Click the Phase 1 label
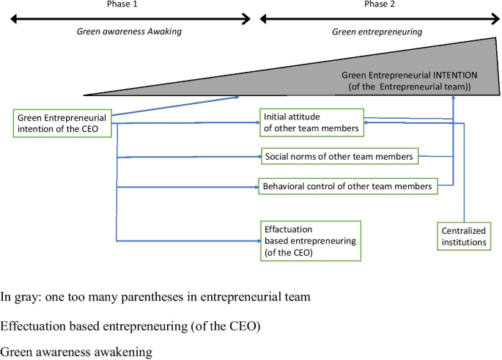120,4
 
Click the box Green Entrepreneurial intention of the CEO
63,124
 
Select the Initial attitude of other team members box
311,122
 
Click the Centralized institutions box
463,237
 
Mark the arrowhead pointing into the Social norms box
258,156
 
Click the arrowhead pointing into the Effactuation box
257,240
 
